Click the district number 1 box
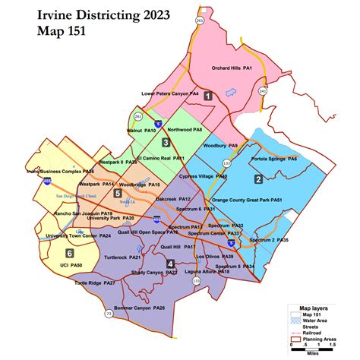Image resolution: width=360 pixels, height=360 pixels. click(x=207, y=95)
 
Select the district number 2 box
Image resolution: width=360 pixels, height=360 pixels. click(x=258, y=178)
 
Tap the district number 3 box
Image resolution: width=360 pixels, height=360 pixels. click(x=166, y=142)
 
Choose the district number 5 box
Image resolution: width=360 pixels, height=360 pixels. click(x=117, y=194)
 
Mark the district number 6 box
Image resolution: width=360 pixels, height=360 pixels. click(x=69, y=252)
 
